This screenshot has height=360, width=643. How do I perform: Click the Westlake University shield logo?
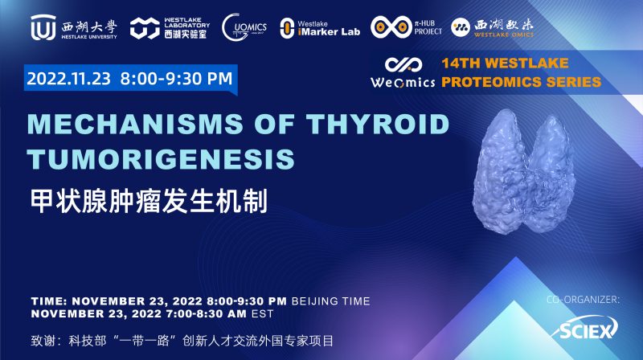[43, 28]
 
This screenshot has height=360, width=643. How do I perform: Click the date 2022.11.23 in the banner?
[69, 79]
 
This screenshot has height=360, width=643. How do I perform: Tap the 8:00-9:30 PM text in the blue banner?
[177, 79]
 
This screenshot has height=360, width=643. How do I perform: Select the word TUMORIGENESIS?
[162, 159]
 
